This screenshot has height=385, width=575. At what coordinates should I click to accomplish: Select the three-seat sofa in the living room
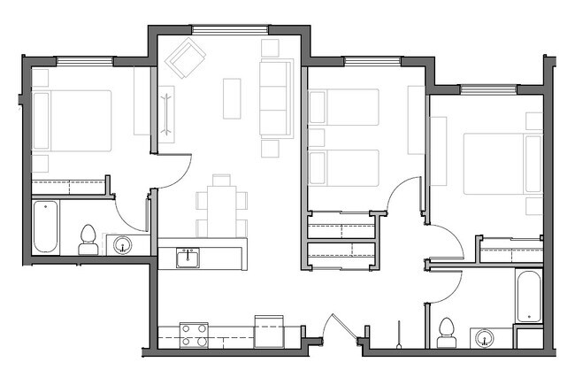point(275,97)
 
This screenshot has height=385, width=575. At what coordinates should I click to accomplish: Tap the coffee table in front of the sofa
point(232,97)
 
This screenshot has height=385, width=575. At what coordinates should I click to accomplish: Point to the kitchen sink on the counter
point(187,258)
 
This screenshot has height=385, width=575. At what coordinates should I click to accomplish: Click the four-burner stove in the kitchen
point(194,335)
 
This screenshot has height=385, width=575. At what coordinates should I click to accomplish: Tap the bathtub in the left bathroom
point(45,227)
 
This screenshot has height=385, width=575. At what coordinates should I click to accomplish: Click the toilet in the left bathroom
point(88,238)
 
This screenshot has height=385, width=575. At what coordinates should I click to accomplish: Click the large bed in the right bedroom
point(502,163)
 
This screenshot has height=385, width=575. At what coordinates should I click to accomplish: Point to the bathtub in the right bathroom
point(528,296)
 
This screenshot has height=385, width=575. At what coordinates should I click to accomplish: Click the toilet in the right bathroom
point(447,331)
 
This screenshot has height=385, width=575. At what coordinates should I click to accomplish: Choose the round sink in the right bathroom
point(483,337)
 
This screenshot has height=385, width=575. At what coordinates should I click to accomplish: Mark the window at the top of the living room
point(230,30)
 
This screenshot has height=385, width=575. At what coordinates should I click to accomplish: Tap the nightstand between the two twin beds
point(316,137)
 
